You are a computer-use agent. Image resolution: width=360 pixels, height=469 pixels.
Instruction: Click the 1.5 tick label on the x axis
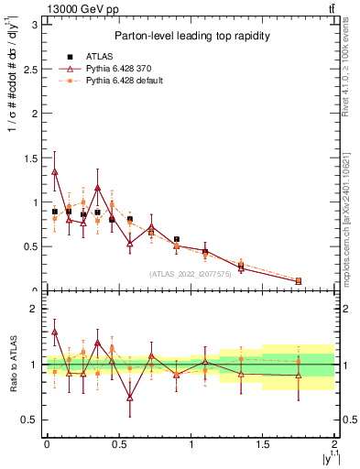pos(263,444)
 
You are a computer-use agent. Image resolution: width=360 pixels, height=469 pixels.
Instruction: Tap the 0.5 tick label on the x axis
pos(118,444)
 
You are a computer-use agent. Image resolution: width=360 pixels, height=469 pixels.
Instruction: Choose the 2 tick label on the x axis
pos(335,444)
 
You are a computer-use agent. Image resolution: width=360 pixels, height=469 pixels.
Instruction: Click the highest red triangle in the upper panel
pos(55,171)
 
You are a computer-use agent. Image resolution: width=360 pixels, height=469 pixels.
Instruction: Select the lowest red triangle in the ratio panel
pos(130,398)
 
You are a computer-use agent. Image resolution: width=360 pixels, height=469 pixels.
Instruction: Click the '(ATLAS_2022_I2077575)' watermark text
pos(190,274)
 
